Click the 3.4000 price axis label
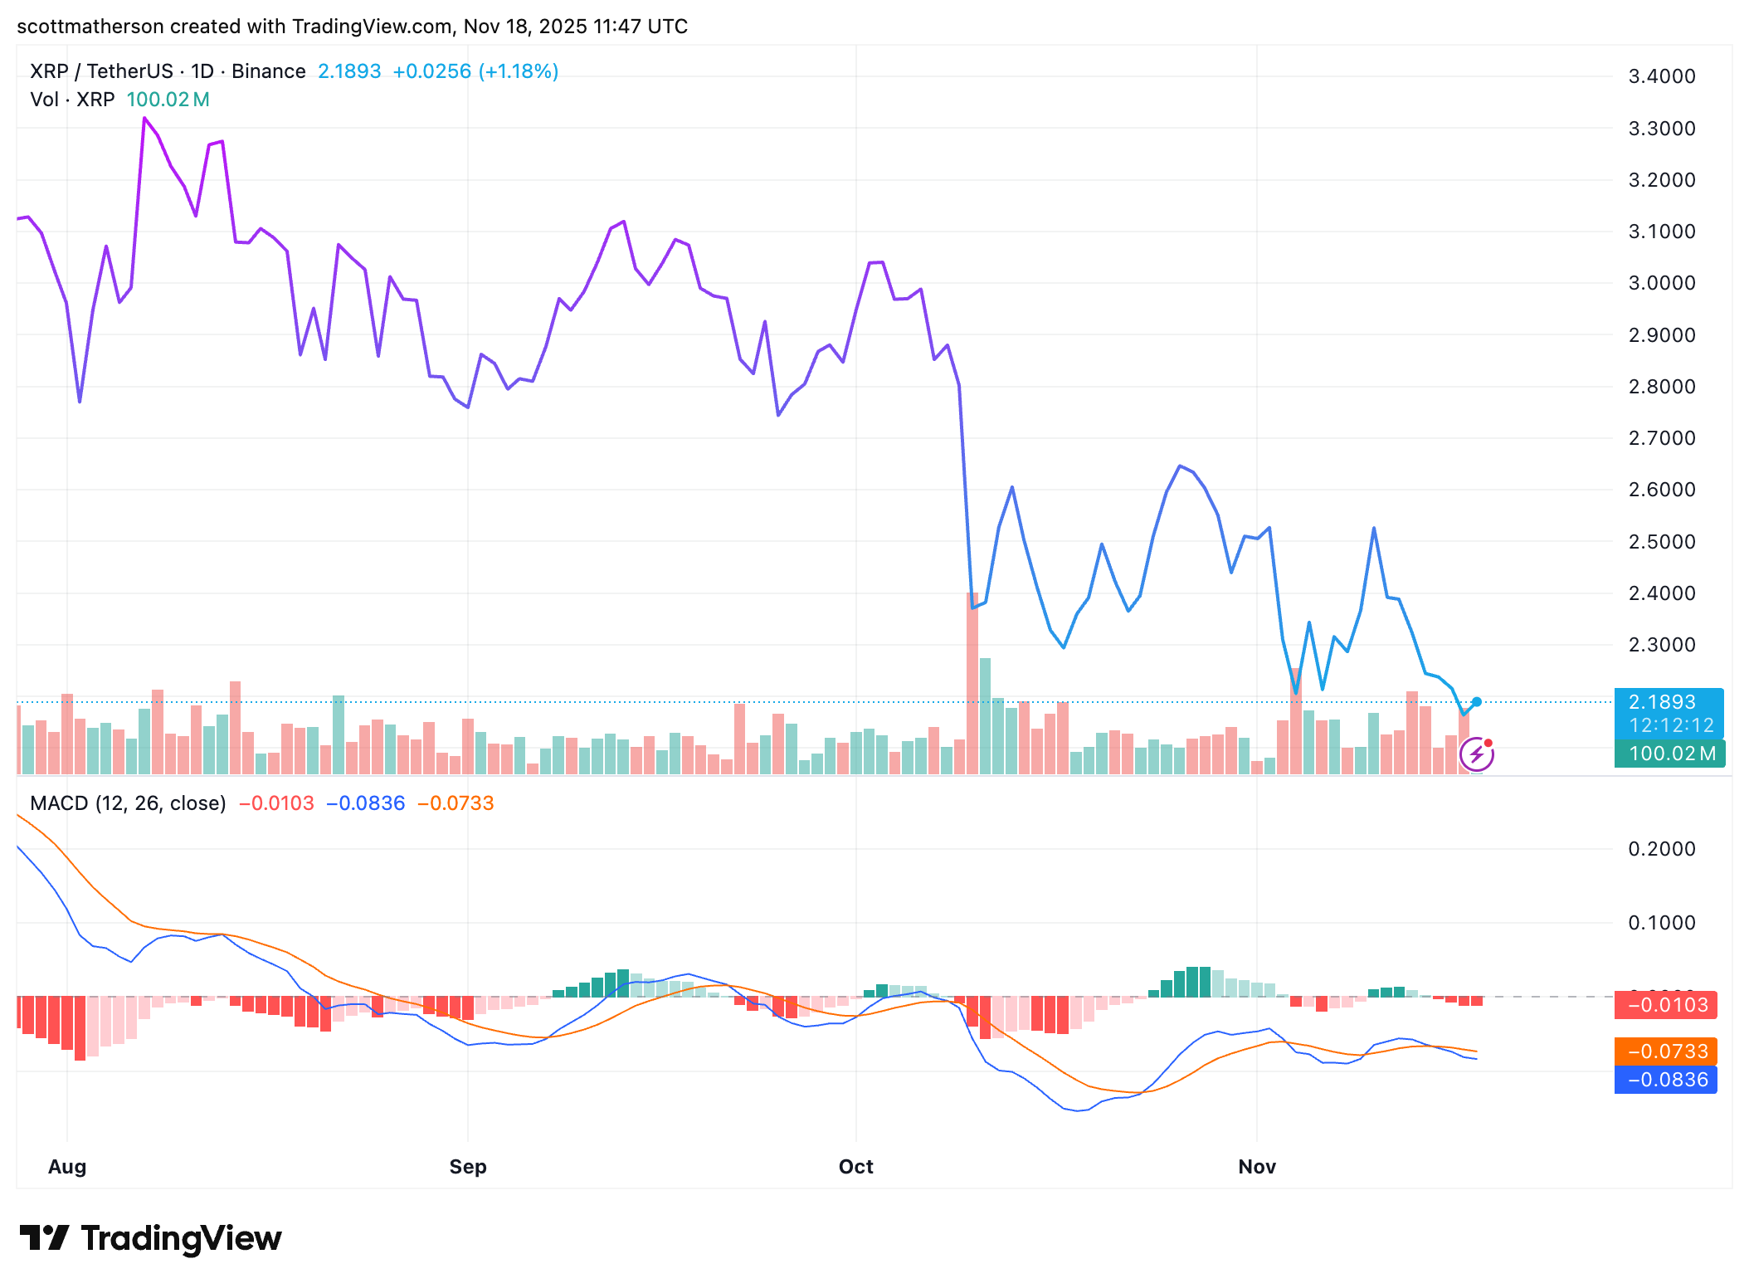pyautogui.click(x=1661, y=76)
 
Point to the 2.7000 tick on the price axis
pyautogui.click(x=1661, y=438)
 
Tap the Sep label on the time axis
pyautogui.click(x=467, y=1166)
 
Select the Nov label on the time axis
pyautogui.click(x=1256, y=1166)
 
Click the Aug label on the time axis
pyautogui.click(x=67, y=1166)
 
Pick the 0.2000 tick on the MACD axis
pyautogui.click(x=1661, y=849)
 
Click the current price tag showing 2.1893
pyautogui.click(x=1668, y=702)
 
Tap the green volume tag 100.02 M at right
pyautogui.click(x=1669, y=754)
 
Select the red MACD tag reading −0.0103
pyautogui.click(x=1666, y=1005)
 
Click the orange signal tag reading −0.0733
pyautogui.click(x=1666, y=1051)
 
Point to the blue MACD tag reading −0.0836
pyautogui.click(x=1666, y=1080)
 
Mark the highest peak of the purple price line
pyautogui.click(x=144, y=119)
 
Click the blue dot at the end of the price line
pyautogui.click(x=1477, y=702)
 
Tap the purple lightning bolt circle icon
pyautogui.click(x=1476, y=754)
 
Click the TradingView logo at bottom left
pyautogui.click(x=151, y=1237)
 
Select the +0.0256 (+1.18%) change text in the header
pyautogui.click(x=475, y=71)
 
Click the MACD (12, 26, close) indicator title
pyautogui.click(x=128, y=803)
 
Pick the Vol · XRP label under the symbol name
pyautogui.click(x=72, y=100)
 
